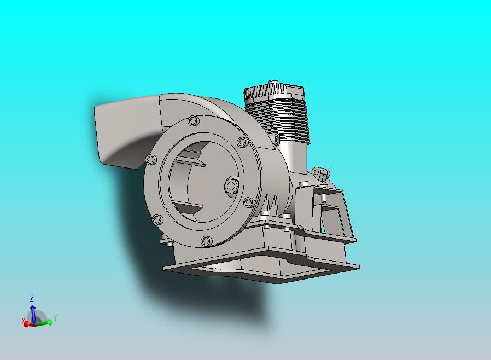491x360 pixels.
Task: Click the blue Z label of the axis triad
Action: coord(31,298)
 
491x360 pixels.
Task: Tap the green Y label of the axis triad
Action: coord(55,318)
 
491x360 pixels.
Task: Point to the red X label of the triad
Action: coord(23,320)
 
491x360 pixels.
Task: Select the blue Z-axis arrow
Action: coord(33,313)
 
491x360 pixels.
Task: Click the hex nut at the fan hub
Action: coord(231,186)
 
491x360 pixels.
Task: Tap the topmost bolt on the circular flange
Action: coord(193,121)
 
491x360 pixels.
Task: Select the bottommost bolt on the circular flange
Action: coord(206,241)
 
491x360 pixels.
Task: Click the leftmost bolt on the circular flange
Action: coord(151,160)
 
